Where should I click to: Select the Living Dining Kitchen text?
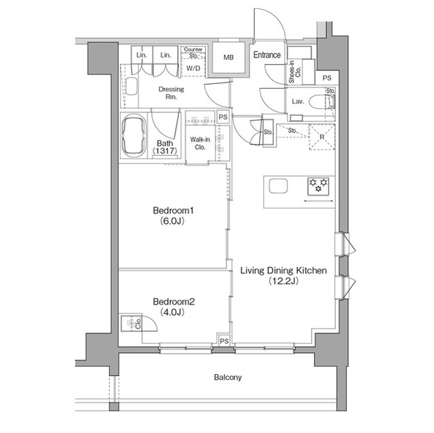tap(283, 270)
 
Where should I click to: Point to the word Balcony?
tap(228, 377)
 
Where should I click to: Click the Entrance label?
tap(267, 55)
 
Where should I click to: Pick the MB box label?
tap(228, 58)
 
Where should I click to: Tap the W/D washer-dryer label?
tap(193, 68)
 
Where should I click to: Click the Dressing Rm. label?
tap(167, 92)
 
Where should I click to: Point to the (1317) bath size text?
tap(164, 151)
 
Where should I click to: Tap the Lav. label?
tap(297, 102)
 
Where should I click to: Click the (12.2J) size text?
tap(283, 281)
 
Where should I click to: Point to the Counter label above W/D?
tap(193, 49)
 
